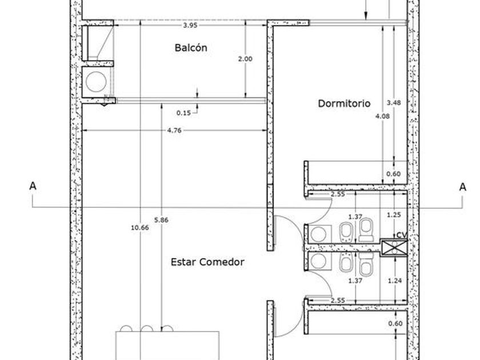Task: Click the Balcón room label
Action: (x=191, y=48)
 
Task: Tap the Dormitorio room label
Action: (x=344, y=103)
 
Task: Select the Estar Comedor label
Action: (x=207, y=262)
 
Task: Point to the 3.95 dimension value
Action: (x=190, y=25)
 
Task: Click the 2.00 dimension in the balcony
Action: (x=245, y=59)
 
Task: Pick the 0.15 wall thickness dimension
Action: (x=183, y=113)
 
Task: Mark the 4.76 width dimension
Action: (x=174, y=130)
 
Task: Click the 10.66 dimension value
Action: (x=140, y=228)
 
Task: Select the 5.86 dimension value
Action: (x=161, y=220)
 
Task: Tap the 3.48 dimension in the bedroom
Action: (x=394, y=103)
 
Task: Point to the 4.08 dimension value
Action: (x=383, y=116)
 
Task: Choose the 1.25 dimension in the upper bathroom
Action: (x=394, y=215)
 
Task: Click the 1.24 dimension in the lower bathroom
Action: (x=395, y=281)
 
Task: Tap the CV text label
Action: (x=402, y=235)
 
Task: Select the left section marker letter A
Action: (x=33, y=186)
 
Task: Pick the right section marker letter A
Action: (x=462, y=187)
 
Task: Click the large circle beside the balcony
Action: (x=96, y=82)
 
